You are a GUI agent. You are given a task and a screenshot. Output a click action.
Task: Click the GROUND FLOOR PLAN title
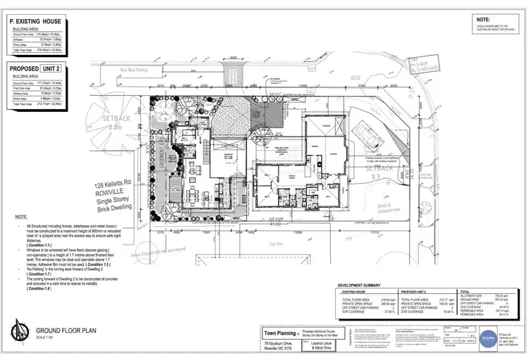pyautogui.click(x=66, y=330)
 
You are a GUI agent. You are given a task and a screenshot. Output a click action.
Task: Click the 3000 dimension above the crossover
pyautogui.click(x=232, y=59)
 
